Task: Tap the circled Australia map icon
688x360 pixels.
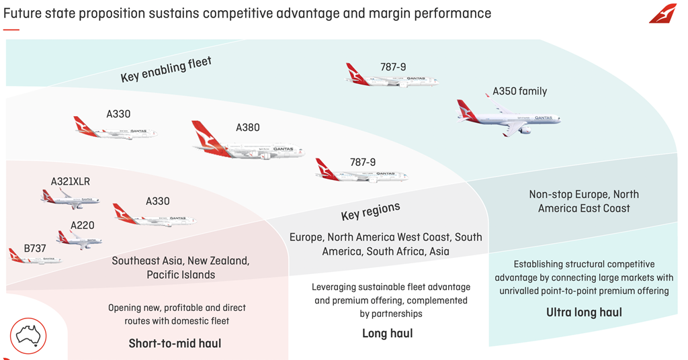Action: click(x=28, y=336)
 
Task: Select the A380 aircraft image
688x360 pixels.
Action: click(x=248, y=144)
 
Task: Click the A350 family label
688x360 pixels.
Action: click(x=519, y=91)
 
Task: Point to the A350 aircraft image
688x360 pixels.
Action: click(x=509, y=118)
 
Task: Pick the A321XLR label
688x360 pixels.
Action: click(x=71, y=181)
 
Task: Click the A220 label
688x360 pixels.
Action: click(x=83, y=225)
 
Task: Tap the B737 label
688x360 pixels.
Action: click(x=35, y=249)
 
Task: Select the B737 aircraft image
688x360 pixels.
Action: click(x=34, y=258)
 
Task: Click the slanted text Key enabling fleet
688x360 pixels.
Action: click(x=166, y=70)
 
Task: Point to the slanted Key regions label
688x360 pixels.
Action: click(x=370, y=211)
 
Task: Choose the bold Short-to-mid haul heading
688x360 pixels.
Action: click(x=175, y=343)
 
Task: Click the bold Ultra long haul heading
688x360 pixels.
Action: click(x=584, y=312)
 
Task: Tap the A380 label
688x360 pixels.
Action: click(x=247, y=128)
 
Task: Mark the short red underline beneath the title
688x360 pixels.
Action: click(x=11, y=30)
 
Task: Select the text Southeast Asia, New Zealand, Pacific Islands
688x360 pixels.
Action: click(x=181, y=267)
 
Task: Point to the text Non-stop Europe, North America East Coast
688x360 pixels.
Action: click(x=584, y=201)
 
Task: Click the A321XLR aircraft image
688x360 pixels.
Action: click(x=70, y=198)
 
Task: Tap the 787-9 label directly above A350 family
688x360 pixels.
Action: click(x=392, y=67)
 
